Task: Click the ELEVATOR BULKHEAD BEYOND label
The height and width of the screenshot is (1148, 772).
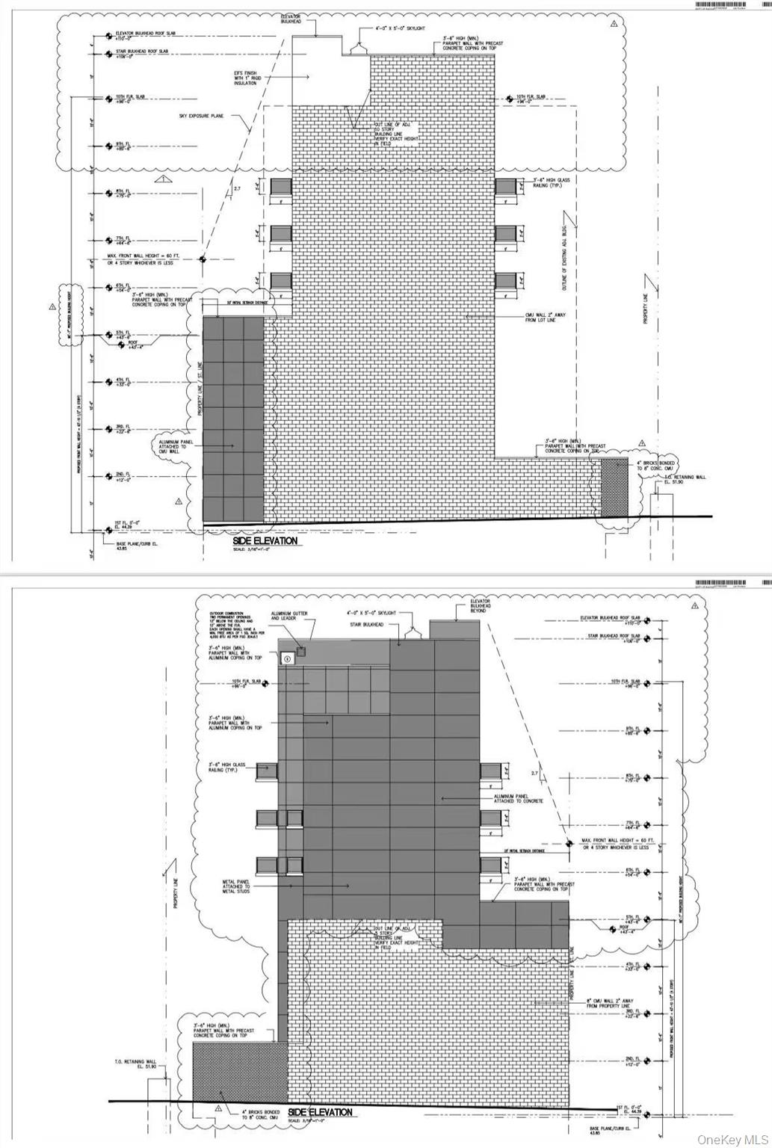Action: (x=481, y=606)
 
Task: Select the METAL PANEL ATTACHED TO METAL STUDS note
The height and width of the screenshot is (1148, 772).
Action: (x=236, y=887)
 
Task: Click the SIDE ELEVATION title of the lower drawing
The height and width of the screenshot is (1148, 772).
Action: (x=320, y=1112)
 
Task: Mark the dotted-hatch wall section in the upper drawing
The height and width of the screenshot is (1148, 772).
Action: (x=615, y=487)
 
